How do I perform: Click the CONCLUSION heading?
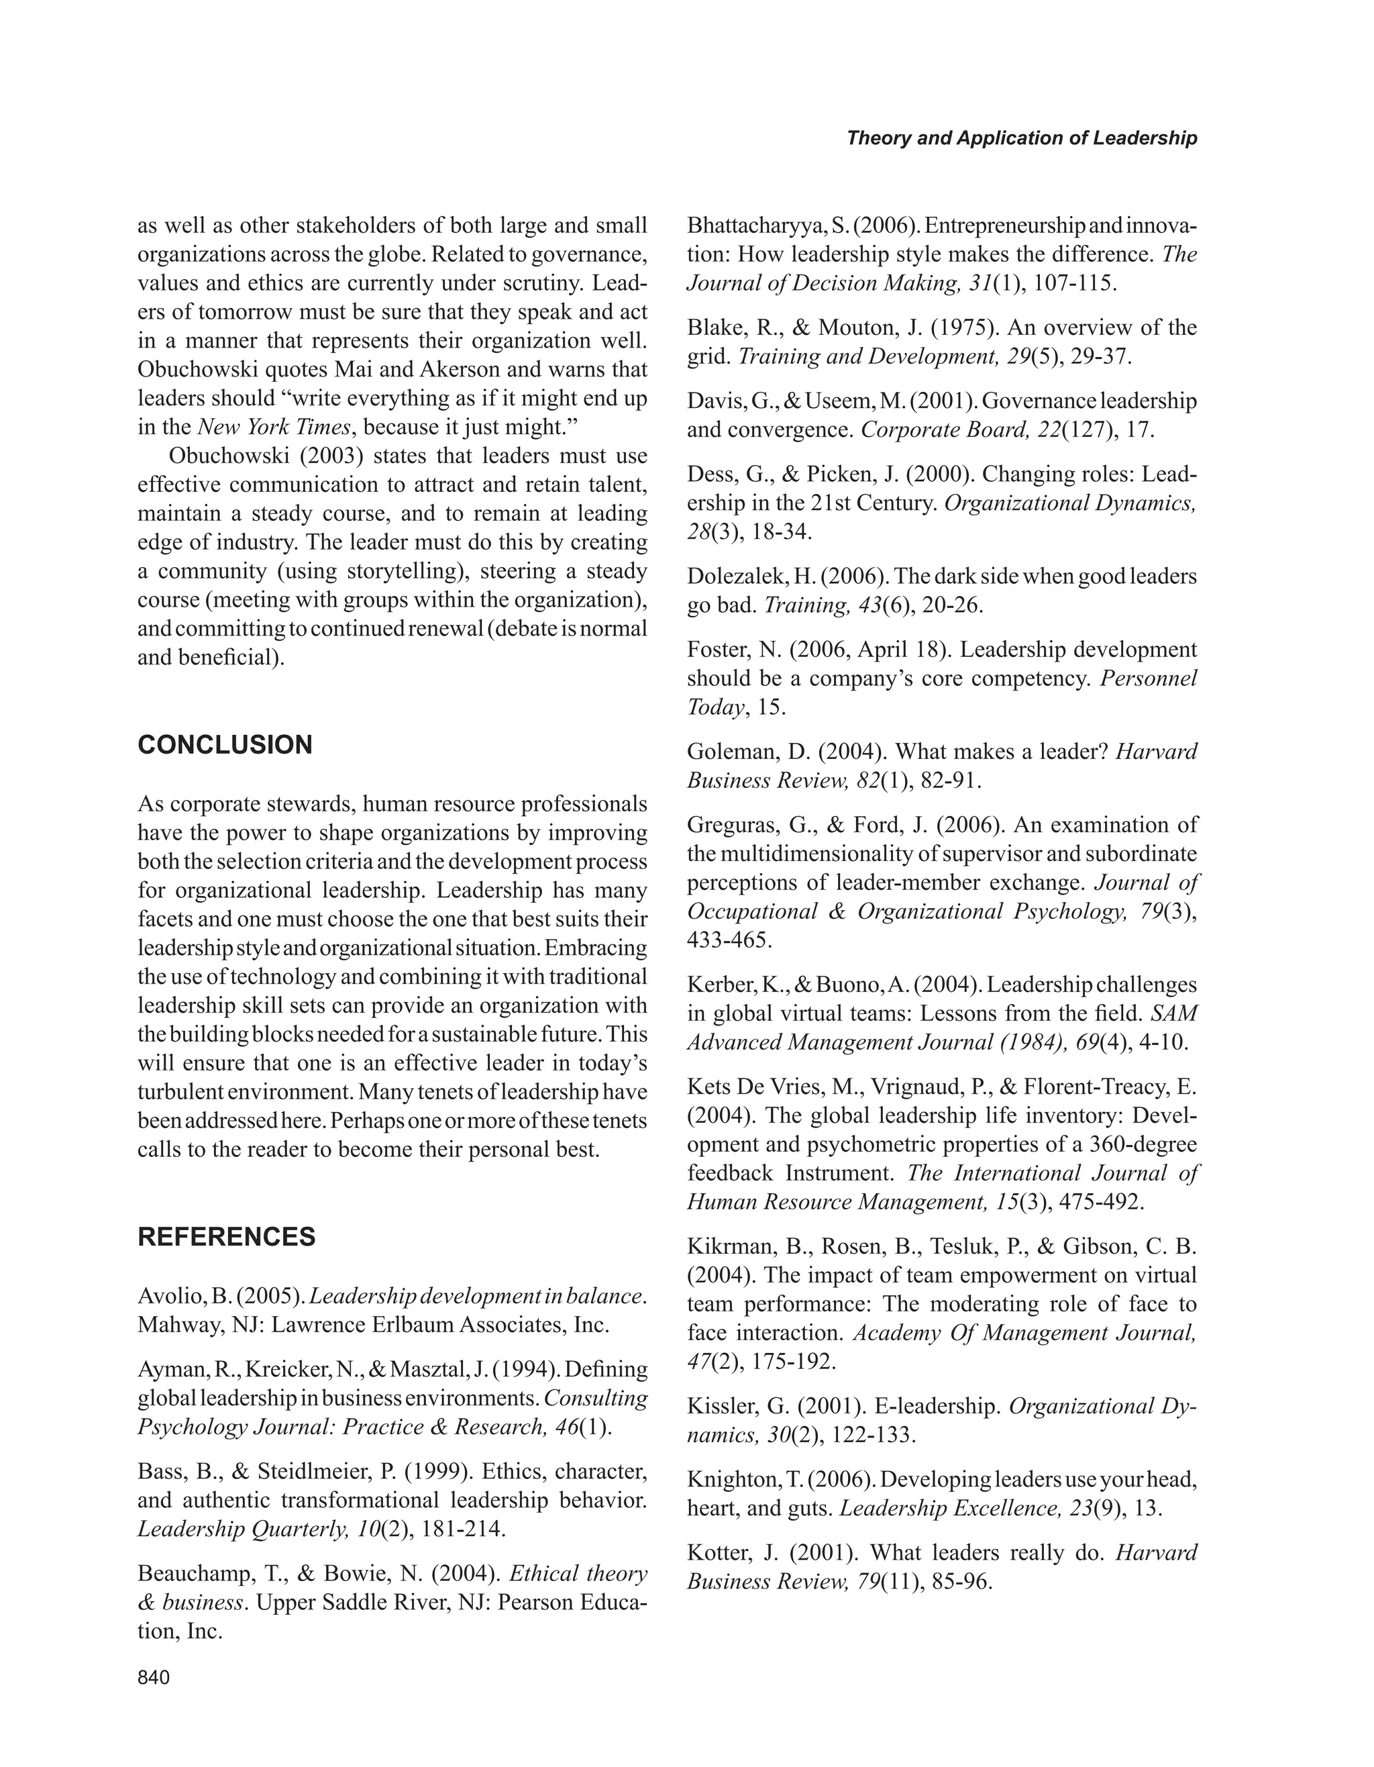tap(225, 744)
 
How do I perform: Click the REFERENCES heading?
tap(227, 1237)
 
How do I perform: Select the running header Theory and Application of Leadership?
tap(1021, 138)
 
